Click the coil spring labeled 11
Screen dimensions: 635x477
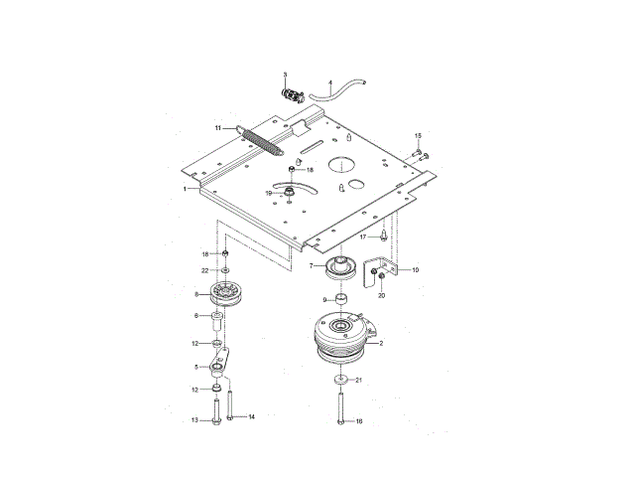[261, 141]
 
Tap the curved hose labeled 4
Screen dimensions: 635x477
[337, 91]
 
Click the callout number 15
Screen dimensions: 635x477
[418, 135]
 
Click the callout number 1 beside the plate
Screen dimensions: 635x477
[185, 189]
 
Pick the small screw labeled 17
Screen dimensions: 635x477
[383, 236]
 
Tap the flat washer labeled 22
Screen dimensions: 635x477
[225, 269]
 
